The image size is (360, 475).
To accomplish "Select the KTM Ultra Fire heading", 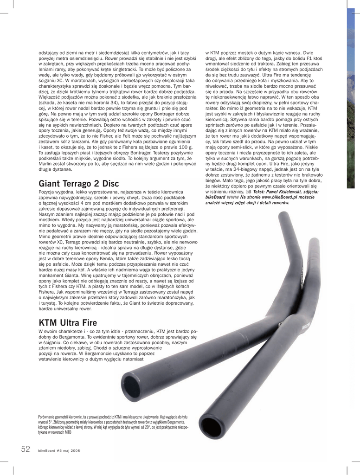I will tap(68, 322).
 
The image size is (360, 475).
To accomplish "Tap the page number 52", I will tap(26, 449).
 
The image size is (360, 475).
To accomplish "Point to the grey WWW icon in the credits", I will tap(233, 197).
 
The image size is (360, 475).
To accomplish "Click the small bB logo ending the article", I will tap(249, 192).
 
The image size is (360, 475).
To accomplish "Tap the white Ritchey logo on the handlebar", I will tap(306, 326).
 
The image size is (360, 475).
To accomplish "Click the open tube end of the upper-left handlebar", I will tap(130, 383).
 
